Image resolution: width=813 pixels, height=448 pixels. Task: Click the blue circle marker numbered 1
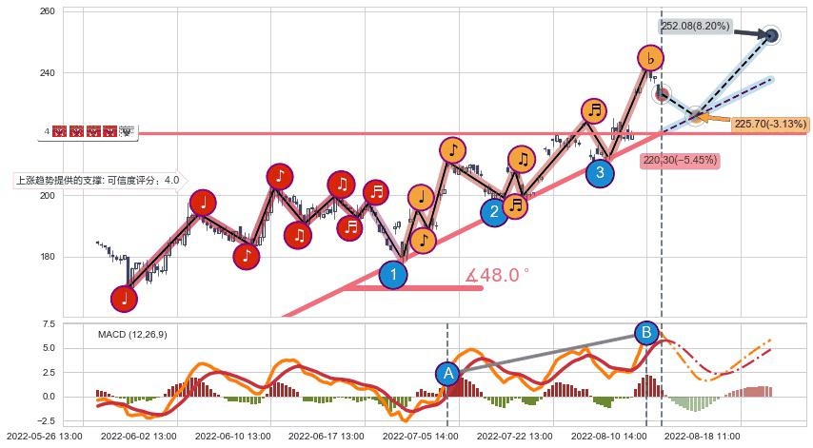coord(393,275)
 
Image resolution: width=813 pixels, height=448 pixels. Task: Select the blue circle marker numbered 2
coord(494,212)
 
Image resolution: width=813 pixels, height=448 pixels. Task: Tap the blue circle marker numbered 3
coord(600,173)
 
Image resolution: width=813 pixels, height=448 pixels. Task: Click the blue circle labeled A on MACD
coord(447,374)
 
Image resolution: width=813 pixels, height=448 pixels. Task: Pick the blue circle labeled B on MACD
coord(647,333)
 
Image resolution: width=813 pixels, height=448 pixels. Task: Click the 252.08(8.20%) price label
coord(695,27)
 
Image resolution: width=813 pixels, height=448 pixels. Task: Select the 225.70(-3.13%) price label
coord(771,125)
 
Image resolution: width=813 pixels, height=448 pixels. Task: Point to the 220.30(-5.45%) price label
coord(680,161)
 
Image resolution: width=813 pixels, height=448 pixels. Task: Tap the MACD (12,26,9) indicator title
coord(132,334)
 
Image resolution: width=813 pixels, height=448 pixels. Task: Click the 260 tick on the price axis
coord(47,11)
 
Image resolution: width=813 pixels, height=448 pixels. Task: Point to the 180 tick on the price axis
coord(47,257)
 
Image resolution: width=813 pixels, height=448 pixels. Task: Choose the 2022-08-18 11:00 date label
coord(702,437)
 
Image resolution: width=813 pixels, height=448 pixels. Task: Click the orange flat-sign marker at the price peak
coord(650,59)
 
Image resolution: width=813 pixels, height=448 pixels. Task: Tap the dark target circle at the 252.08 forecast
coord(772,35)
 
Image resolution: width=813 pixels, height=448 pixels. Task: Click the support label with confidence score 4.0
coord(96,180)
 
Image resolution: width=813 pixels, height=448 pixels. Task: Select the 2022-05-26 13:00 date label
coord(41,437)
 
